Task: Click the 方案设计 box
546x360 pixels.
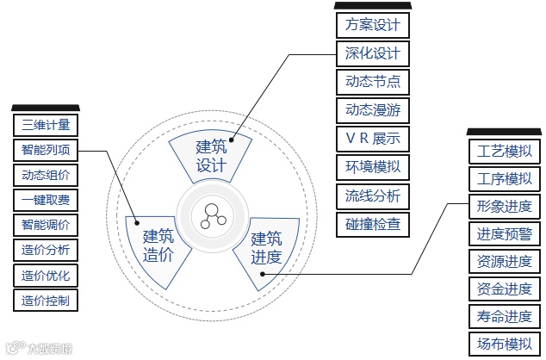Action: point(372,25)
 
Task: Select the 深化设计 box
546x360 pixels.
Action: point(372,53)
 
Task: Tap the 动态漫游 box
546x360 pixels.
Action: point(372,110)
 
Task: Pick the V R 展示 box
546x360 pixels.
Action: point(372,139)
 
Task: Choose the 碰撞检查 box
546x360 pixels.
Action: point(372,225)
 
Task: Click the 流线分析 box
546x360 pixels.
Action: point(372,196)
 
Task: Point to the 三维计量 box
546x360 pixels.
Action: point(46,125)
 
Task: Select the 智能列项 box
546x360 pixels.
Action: point(46,150)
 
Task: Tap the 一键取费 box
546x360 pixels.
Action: point(46,200)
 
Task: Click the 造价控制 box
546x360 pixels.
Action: point(46,301)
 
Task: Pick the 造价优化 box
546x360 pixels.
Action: point(46,276)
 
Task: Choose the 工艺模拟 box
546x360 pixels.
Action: point(504,152)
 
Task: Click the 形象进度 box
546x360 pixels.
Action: point(504,207)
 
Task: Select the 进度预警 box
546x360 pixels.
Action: point(504,233)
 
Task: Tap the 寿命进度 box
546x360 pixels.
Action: point(504,316)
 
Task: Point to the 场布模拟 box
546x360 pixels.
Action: point(504,344)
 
